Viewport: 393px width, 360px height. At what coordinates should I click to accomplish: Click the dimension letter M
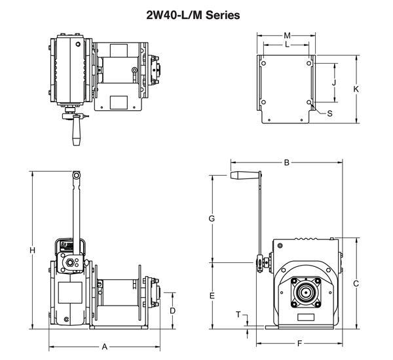[x=287, y=35]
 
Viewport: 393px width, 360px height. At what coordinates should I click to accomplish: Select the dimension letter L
[x=287, y=45]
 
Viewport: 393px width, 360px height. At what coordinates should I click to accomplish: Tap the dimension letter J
[x=333, y=83]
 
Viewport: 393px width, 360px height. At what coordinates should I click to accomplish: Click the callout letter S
[x=329, y=113]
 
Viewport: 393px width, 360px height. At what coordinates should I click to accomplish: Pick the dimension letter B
[x=286, y=162]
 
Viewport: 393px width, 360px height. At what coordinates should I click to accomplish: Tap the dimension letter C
[x=356, y=283]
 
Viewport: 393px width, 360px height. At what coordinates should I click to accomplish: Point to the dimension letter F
[x=299, y=343]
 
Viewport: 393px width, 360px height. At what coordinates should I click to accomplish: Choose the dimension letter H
[x=32, y=250]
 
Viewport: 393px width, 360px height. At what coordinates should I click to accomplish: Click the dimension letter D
[x=172, y=310]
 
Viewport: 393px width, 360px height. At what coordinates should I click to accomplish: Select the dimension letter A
[x=104, y=346]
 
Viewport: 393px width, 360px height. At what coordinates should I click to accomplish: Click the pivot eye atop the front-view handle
[x=77, y=176]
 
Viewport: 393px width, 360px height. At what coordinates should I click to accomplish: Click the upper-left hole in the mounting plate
[x=263, y=63]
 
